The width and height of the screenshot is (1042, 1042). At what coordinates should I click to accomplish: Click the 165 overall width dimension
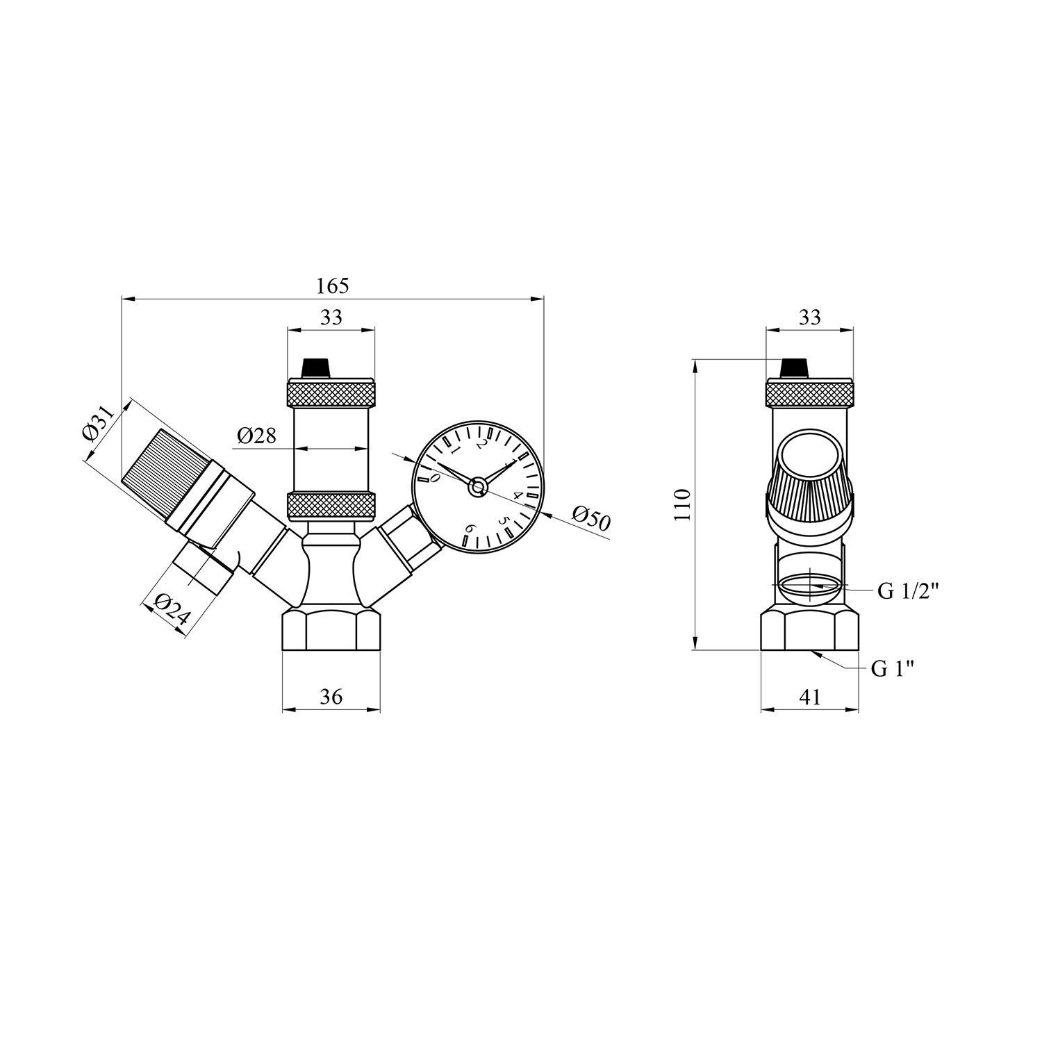332,286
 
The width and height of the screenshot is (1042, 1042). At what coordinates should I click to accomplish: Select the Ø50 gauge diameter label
591,518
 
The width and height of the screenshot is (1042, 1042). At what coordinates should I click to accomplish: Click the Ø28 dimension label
256,436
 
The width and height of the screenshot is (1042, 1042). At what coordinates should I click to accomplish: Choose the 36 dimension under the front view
331,696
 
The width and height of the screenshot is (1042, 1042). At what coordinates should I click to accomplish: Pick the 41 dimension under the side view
810,696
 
